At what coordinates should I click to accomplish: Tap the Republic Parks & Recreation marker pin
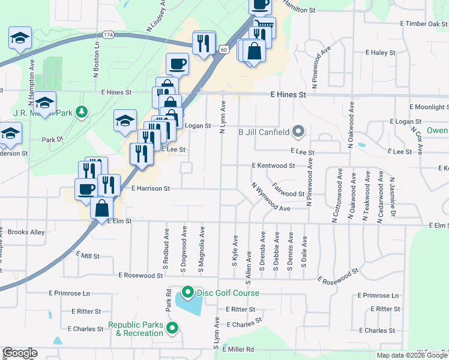point(173,328)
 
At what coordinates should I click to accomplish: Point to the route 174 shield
point(108,36)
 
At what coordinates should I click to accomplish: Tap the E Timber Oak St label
point(424,23)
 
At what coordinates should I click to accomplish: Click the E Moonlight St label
point(429,107)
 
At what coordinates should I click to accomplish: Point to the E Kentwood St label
point(273,165)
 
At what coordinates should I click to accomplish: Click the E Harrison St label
point(151,188)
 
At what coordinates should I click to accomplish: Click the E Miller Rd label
point(238,349)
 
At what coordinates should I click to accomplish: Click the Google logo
point(20,353)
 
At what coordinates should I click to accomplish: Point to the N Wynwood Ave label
point(271,197)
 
